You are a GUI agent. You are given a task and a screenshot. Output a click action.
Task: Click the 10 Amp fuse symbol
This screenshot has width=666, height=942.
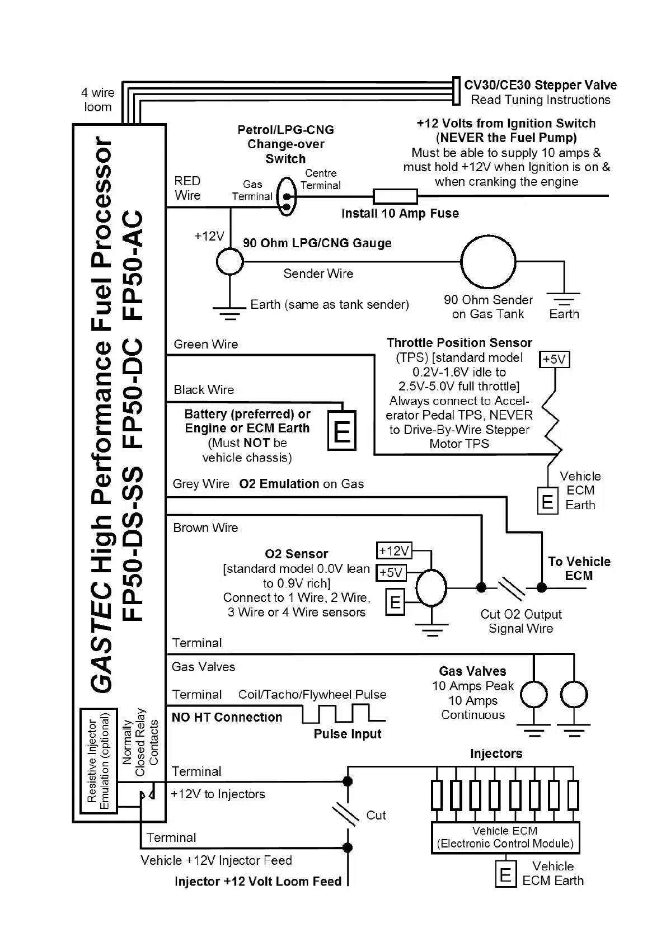tap(395, 196)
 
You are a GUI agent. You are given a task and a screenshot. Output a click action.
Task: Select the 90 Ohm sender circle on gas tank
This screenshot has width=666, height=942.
tap(487, 261)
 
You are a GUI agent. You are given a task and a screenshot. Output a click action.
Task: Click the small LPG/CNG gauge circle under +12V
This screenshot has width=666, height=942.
tap(229, 261)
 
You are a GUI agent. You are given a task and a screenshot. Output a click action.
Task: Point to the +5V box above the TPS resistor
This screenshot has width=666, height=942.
tap(554, 359)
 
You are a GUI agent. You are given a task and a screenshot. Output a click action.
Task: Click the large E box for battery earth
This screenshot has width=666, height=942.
tap(341, 431)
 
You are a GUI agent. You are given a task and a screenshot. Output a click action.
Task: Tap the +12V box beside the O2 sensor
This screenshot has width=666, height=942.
tap(394, 550)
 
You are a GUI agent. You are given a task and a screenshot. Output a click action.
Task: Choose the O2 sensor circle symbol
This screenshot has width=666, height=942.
tap(431, 588)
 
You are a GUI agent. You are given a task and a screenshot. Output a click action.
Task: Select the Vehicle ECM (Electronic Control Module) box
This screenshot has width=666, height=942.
tap(505, 837)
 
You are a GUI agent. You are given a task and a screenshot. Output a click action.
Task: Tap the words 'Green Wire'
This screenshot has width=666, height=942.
tap(205, 345)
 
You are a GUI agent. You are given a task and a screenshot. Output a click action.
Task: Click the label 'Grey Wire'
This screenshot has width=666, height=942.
tap(201, 484)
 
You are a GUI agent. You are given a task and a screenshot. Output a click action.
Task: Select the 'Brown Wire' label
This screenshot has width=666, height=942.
tap(205, 528)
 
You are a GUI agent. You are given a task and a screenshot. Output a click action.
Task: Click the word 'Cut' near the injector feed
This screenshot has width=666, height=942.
tap(376, 815)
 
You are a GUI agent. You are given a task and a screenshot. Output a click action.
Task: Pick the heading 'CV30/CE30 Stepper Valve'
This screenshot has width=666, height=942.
tap(540, 86)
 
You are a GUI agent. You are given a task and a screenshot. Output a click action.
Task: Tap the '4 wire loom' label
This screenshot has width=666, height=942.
tap(98, 100)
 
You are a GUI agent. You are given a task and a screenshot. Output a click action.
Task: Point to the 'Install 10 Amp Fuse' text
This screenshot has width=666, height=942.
tap(400, 214)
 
